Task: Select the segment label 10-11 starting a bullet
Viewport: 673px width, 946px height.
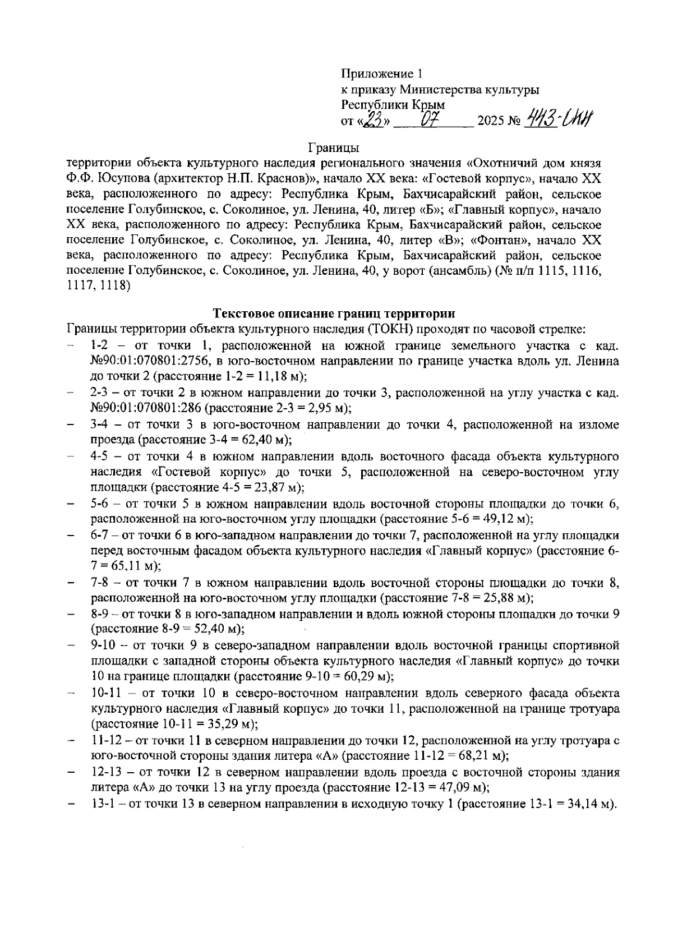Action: (x=105, y=693)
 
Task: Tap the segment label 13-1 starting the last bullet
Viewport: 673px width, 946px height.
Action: (x=103, y=804)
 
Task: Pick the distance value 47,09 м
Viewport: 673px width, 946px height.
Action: (x=465, y=787)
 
